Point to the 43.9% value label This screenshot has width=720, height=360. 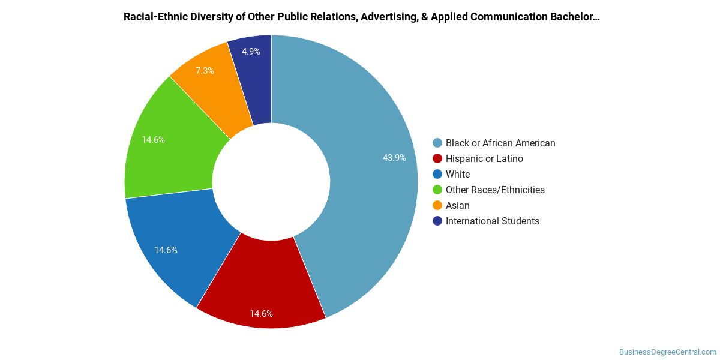(394, 158)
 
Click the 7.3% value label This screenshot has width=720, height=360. (205, 71)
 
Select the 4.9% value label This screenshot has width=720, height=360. (251, 52)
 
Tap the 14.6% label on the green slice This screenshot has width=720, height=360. (154, 140)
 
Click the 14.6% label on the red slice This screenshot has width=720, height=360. (262, 314)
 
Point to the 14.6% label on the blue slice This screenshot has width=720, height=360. (166, 250)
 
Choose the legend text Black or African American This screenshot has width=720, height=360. (500, 143)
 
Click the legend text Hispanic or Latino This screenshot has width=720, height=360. (484, 159)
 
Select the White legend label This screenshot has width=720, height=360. (458, 174)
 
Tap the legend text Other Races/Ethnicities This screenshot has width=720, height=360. (495, 190)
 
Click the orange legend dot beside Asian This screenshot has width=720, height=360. (437, 205)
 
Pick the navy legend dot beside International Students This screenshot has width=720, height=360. (437, 221)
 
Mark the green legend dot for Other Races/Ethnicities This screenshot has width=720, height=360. (437, 190)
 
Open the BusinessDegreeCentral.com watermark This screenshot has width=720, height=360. (668, 352)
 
